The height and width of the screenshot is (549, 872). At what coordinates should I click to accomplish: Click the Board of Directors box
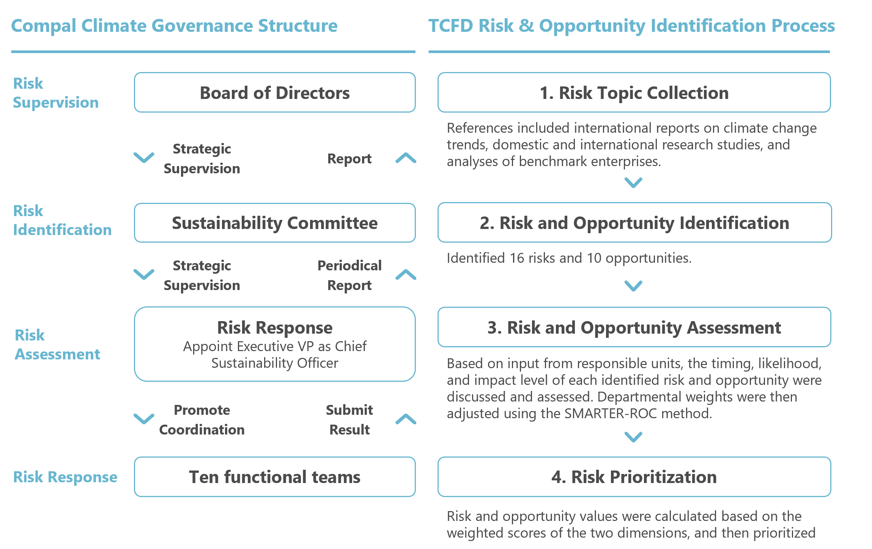(275, 93)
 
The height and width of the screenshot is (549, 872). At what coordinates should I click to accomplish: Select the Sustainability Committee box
(275, 223)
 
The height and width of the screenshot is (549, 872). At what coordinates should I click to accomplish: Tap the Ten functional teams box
(275, 477)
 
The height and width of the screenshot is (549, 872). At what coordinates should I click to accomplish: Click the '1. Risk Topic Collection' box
(634, 93)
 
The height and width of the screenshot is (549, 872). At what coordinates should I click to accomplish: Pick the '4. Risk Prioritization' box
(634, 477)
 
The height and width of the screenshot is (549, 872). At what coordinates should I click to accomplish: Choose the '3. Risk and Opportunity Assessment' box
(634, 327)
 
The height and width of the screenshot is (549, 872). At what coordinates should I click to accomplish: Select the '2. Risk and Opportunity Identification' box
(634, 223)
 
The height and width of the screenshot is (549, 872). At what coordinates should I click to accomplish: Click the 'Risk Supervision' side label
(55, 93)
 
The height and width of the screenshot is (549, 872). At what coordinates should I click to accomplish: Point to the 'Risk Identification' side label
(62, 220)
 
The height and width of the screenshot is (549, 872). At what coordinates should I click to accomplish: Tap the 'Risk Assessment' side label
(57, 345)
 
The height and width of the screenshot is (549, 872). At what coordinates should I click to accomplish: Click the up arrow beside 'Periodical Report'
(406, 274)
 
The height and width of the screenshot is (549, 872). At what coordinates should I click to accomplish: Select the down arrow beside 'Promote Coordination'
(144, 419)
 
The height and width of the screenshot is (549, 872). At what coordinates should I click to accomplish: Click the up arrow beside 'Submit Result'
(406, 419)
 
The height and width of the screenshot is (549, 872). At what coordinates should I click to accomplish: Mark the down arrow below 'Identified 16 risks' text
(633, 285)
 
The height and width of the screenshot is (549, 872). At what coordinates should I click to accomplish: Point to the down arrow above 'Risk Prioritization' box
(633, 437)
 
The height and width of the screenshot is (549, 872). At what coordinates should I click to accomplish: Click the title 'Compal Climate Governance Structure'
(174, 26)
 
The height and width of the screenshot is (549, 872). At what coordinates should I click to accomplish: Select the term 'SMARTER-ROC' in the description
(610, 414)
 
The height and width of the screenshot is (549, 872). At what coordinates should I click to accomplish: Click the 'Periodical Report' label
(349, 275)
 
